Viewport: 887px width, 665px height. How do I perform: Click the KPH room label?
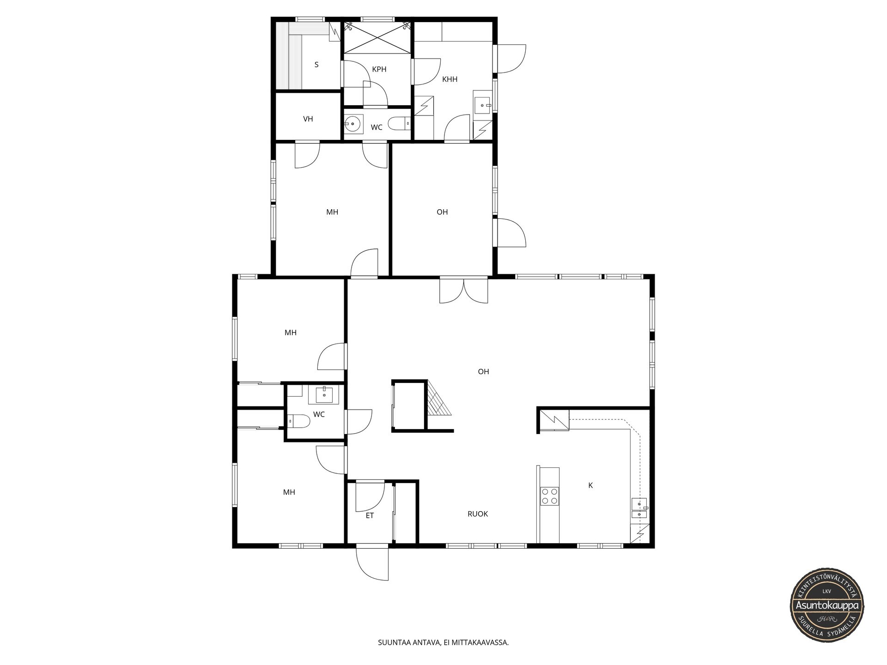(x=379, y=69)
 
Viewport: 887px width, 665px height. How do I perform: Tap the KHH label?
(x=450, y=79)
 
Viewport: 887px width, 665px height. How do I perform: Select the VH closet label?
(x=308, y=119)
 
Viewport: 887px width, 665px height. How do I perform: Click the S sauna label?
(x=316, y=65)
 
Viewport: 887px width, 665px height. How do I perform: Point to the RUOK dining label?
(x=478, y=514)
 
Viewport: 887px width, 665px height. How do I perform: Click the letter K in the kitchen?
(x=590, y=485)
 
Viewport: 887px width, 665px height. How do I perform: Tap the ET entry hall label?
(x=370, y=516)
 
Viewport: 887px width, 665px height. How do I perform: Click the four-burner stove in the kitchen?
(x=549, y=496)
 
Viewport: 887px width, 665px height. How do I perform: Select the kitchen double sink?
(x=640, y=508)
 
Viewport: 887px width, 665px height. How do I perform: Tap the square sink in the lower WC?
(x=324, y=395)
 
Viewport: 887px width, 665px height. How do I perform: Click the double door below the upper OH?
(x=464, y=290)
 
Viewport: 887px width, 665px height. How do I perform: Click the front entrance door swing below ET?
(x=373, y=563)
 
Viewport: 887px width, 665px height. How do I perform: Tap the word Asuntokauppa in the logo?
(x=826, y=605)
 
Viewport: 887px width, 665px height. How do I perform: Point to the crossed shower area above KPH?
(x=377, y=38)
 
